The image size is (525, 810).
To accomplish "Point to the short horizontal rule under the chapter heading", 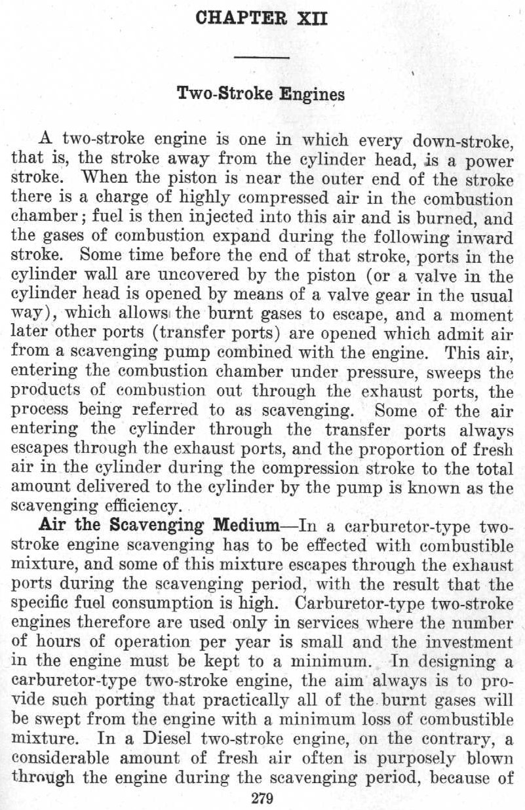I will coord(262,59).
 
